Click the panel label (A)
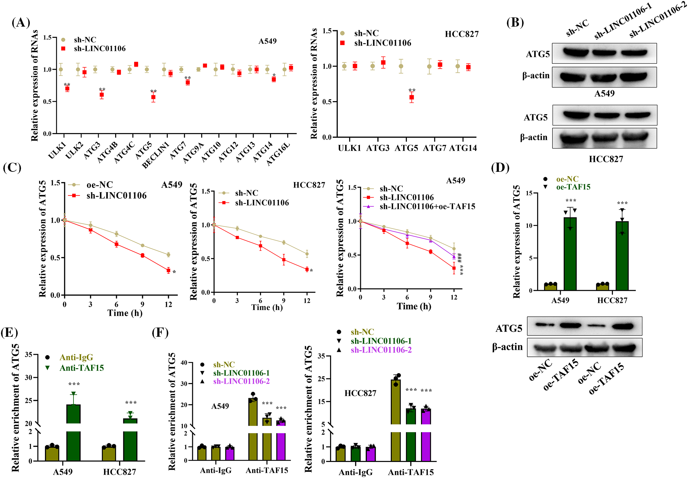click(21, 23)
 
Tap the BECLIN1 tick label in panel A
click(156, 155)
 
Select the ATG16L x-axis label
click(278, 154)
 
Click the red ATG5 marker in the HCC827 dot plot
click(411, 97)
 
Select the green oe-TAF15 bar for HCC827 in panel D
click(622, 256)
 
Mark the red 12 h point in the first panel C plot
click(168, 270)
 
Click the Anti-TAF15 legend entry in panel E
click(81, 368)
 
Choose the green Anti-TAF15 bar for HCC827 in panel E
click(130, 440)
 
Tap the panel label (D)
click(500, 168)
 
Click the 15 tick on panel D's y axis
click(529, 193)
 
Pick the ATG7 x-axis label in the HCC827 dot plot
click(434, 148)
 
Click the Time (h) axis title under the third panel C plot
click(414, 307)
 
